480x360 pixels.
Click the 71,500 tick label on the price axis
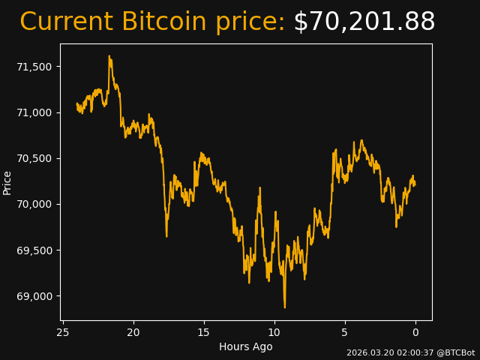click(x=35, y=67)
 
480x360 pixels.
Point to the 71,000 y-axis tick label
click(x=35, y=112)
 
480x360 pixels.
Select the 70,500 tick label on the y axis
click(x=35, y=158)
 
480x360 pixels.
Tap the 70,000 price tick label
click(x=35, y=204)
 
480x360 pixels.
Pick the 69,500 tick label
click(x=35, y=250)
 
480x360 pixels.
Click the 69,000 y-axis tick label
click(x=35, y=296)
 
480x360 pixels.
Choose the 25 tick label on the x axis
click(x=63, y=332)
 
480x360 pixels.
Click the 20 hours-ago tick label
click(x=133, y=332)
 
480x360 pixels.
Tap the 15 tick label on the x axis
click(x=204, y=332)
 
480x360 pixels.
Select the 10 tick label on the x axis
click(x=274, y=332)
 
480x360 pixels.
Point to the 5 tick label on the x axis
click(x=345, y=332)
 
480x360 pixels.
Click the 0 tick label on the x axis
click(x=415, y=332)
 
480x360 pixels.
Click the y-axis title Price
click(x=7, y=182)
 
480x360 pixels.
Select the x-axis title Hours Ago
click(x=246, y=346)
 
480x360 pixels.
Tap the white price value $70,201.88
click(x=364, y=22)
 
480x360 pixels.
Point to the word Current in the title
click(x=66, y=22)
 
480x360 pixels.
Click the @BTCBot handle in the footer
click(x=456, y=352)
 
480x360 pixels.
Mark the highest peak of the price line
click(x=109, y=55)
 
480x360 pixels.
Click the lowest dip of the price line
click(x=284, y=307)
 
